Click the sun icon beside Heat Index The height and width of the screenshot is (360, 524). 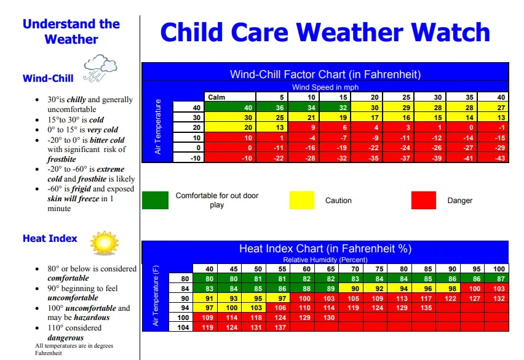point(105,243)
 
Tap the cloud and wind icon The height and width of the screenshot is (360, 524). point(100,68)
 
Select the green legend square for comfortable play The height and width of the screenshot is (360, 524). point(155,200)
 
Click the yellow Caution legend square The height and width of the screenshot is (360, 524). point(302,200)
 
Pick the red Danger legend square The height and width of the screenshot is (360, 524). point(423,200)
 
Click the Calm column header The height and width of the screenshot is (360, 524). point(216,97)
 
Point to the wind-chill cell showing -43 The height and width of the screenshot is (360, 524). point(500,158)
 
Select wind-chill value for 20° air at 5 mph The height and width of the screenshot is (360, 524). point(280,127)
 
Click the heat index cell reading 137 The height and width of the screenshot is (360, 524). point(280,327)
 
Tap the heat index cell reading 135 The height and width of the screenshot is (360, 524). point(426,308)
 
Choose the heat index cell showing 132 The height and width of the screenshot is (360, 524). point(499,298)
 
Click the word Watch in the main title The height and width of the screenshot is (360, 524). point(450,33)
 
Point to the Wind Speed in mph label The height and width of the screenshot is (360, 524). point(325,87)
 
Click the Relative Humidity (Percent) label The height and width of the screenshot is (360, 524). point(325,260)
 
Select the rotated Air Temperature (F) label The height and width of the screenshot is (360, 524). point(156,296)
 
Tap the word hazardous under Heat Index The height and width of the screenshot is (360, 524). point(92,317)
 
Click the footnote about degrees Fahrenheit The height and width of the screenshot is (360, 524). point(74,350)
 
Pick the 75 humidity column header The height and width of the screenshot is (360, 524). point(379,269)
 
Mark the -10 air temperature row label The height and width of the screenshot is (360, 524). point(196,158)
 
